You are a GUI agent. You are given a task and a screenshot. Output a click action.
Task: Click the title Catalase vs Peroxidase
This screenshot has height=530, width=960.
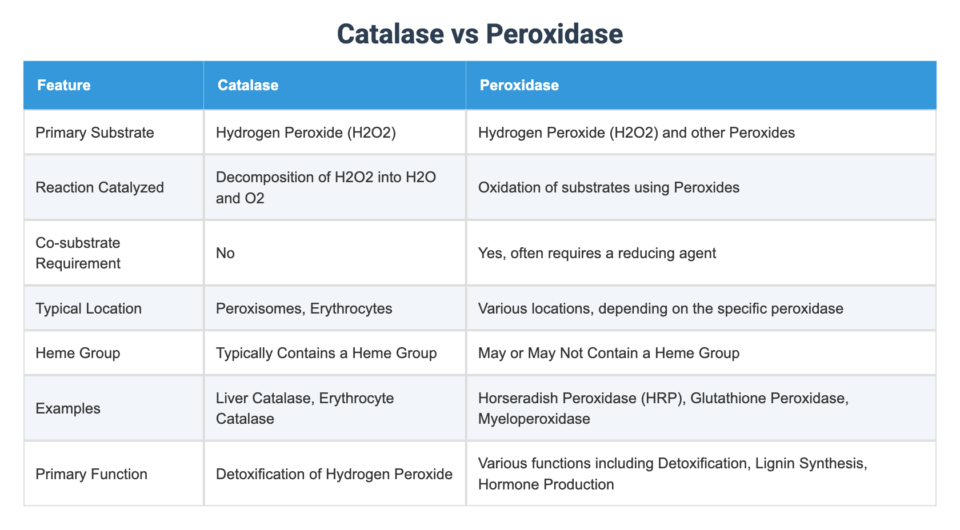[x=479, y=34]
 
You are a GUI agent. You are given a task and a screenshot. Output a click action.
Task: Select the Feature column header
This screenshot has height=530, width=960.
[x=63, y=85]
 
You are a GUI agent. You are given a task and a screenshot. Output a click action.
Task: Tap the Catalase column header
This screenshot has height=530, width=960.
[x=247, y=85]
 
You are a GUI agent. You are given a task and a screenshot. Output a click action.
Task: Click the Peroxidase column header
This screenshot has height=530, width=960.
[x=519, y=85]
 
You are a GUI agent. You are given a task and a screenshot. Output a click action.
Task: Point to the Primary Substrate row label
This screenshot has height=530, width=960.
[x=95, y=132]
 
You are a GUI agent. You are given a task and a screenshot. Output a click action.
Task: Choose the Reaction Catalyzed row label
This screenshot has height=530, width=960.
[x=99, y=187]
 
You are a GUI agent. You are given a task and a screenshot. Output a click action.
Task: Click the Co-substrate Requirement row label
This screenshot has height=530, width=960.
[x=78, y=253]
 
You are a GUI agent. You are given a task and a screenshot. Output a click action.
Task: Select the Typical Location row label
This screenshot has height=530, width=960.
[x=89, y=308]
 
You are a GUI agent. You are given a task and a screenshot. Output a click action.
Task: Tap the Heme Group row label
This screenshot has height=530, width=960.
[x=78, y=353]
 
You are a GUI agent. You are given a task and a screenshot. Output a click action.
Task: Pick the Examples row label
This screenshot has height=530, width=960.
[x=68, y=408]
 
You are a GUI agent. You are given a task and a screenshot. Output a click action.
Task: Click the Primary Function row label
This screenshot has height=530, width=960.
[x=91, y=474]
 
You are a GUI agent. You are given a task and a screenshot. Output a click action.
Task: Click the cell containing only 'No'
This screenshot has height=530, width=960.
[x=225, y=253]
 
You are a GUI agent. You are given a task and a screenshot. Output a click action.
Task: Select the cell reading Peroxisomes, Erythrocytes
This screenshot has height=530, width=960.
[x=304, y=308]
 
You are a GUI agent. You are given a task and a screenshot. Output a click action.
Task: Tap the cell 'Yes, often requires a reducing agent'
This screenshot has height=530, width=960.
[x=597, y=253]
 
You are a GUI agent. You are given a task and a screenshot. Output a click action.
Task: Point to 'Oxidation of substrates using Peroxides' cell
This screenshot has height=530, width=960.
[x=609, y=187]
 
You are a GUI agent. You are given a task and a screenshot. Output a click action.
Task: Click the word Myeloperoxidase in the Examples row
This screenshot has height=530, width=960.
[x=534, y=419]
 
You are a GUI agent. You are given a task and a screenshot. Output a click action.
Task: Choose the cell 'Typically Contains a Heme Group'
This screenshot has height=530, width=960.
[x=326, y=353]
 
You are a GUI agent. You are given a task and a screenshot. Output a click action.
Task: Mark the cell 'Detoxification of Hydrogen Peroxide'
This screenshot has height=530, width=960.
[x=334, y=474]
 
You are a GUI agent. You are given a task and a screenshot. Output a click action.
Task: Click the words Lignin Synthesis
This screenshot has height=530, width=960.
[x=811, y=463]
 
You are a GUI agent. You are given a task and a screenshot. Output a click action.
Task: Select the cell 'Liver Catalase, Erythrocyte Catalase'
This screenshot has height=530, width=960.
[x=305, y=408]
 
